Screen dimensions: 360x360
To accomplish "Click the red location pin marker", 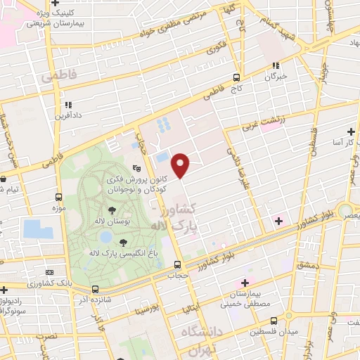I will point(181,165).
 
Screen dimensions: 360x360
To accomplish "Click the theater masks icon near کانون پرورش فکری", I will point(139,169).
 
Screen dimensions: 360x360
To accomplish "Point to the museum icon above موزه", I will point(58,197).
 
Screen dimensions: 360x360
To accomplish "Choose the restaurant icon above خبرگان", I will point(276,66).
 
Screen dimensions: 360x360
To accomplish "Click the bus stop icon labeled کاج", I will point(236,79).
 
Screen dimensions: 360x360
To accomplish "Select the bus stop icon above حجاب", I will point(177,265).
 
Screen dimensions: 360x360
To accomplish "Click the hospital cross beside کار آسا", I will point(351,131).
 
